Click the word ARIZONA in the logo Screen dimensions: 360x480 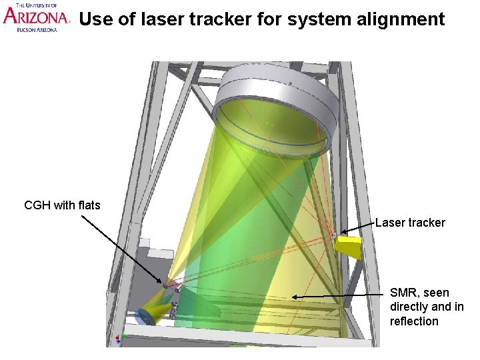coord(35,17)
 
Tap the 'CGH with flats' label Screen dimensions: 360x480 coord(62,205)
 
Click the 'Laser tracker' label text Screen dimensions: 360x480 coord(410,223)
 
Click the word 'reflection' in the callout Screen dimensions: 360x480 coord(414,321)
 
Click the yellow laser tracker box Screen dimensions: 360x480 coord(349,247)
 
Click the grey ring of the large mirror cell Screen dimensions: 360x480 coord(273,87)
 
